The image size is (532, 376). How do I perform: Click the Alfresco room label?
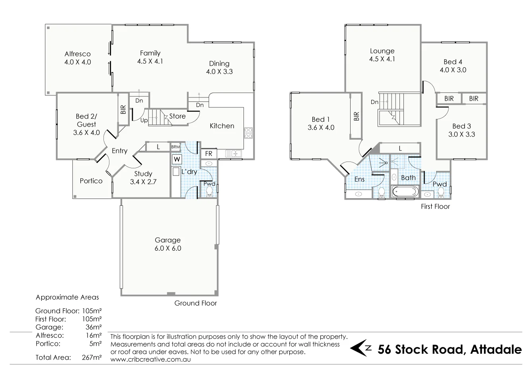78,54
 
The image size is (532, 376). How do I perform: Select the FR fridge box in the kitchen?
209,154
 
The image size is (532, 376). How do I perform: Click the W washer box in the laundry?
177,160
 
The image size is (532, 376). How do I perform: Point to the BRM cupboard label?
175,147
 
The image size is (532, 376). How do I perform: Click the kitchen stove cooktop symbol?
248,132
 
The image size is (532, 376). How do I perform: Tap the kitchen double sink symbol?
233,153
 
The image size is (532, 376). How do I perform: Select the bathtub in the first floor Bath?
405,192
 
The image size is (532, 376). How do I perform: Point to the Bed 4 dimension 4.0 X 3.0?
453,70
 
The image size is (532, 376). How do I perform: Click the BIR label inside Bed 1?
356,116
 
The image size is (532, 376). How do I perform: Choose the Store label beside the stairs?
177,116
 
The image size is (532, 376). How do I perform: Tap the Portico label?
91,181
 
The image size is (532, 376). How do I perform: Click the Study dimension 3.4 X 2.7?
143,182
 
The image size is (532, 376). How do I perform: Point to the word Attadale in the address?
496,349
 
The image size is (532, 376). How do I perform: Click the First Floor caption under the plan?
435,207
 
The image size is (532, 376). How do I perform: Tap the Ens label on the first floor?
359,179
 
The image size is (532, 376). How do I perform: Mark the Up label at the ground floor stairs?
144,120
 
